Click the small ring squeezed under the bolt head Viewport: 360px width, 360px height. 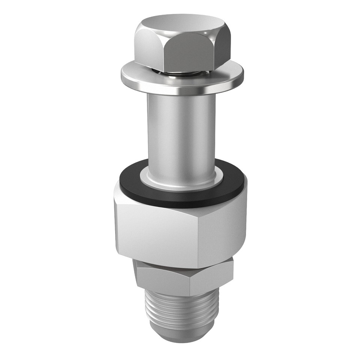pos(180,73)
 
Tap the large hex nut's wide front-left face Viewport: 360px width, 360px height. pos(157,232)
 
